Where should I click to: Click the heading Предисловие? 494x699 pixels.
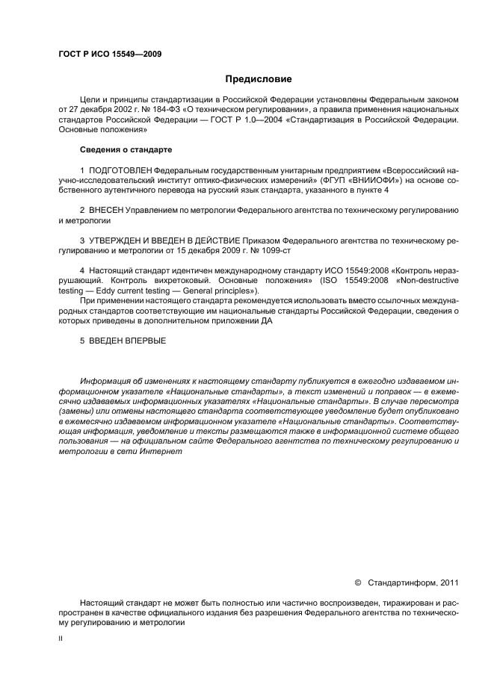pyautogui.click(x=259, y=79)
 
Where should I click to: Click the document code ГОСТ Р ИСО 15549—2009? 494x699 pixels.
pyautogui.click(x=110, y=54)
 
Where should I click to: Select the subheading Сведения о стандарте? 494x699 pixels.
pyautogui.click(x=126, y=149)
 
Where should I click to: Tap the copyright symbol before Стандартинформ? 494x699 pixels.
pyautogui.click(x=357, y=583)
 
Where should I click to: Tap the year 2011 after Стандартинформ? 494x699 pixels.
pyautogui.click(x=449, y=583)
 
